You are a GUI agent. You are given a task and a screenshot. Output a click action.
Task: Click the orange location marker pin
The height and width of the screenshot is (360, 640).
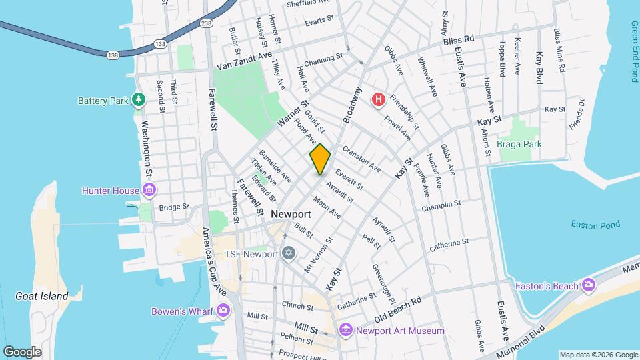[x=320, y=159]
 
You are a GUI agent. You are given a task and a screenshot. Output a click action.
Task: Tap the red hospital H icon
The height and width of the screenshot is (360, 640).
[x=379, y=100]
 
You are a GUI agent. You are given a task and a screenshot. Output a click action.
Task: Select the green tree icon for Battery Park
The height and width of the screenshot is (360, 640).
[x=139, y=101]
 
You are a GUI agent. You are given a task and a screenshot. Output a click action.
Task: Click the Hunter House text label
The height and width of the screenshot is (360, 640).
[x=111, y=191]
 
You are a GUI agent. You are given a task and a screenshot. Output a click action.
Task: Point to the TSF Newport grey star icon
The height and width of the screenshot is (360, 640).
[x=288, y=253]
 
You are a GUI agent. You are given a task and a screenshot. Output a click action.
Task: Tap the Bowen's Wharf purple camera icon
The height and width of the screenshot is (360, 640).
[x=223, y=310]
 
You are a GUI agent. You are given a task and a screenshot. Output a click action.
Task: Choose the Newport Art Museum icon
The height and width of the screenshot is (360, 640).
[x=345, y=330]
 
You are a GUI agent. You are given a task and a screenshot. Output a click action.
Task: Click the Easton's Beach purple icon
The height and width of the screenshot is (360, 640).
[x=588, y=285]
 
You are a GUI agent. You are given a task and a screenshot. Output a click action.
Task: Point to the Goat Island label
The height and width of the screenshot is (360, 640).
[x=42, y=295]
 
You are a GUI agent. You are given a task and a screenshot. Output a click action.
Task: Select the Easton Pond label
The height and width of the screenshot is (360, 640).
[x=595, y=225]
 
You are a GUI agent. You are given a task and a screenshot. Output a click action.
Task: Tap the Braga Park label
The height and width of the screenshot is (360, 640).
[x=520, y=144]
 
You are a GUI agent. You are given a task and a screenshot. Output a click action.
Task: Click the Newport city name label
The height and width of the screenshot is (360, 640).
[x=291, y=214]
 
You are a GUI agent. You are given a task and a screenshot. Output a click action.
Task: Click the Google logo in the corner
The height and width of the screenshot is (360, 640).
[x=22, y=351]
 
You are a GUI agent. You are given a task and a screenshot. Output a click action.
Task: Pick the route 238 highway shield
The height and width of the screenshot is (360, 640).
[x=207, y=23]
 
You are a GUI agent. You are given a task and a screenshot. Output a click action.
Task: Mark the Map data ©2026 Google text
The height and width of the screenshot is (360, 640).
[x=597, y=354]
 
